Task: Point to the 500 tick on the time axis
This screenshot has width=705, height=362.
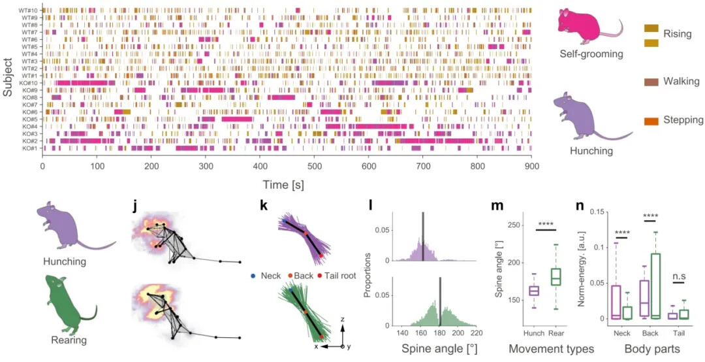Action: coord(315,167)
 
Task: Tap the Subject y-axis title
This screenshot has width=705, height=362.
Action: coord(8,78)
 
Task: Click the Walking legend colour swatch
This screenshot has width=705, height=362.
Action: coord(651,82)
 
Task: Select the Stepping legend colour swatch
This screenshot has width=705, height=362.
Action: coord(651,121)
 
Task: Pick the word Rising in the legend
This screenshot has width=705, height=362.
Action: coord(677,34)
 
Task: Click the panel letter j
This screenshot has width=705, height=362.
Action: coord(134,207)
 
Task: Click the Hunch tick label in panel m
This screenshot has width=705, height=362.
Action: coord(533,333)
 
